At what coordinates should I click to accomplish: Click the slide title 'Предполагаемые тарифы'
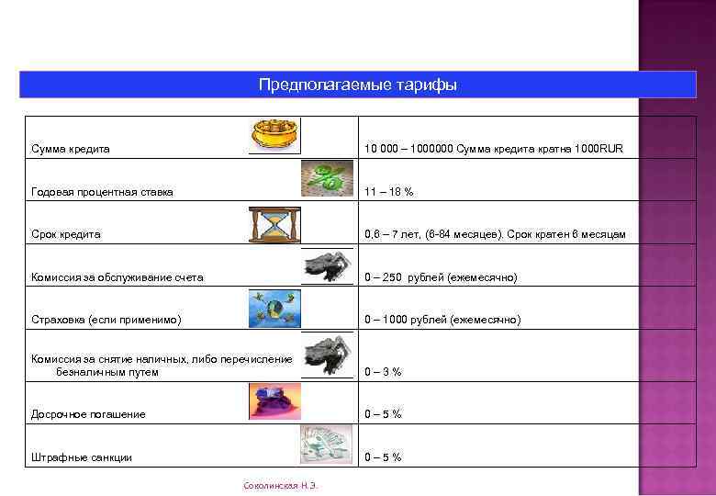(358, 85)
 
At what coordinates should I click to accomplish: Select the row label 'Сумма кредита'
(71, 149)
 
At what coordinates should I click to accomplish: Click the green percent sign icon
(327, 176)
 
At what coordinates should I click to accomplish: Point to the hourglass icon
(274, 223)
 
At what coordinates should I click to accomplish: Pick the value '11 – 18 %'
(388, 192)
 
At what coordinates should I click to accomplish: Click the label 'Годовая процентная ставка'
(102, 192)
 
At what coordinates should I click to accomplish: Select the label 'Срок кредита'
(66, 234)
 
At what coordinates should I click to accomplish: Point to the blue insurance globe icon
(274, 308)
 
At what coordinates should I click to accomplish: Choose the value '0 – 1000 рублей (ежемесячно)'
(442, 320)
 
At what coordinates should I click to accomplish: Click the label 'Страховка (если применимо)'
(106, 320)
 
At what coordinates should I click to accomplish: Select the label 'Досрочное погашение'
(88, 414)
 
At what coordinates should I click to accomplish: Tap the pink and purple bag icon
(274, 401)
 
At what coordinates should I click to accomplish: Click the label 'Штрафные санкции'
(82, 457)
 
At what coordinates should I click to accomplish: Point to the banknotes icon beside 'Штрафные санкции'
(326, 444)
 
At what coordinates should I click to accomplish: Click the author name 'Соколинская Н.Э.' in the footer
(280, 484)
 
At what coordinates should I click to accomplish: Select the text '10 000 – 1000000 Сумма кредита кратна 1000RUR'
(494, 149)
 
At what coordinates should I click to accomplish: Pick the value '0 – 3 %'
(383, 372)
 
